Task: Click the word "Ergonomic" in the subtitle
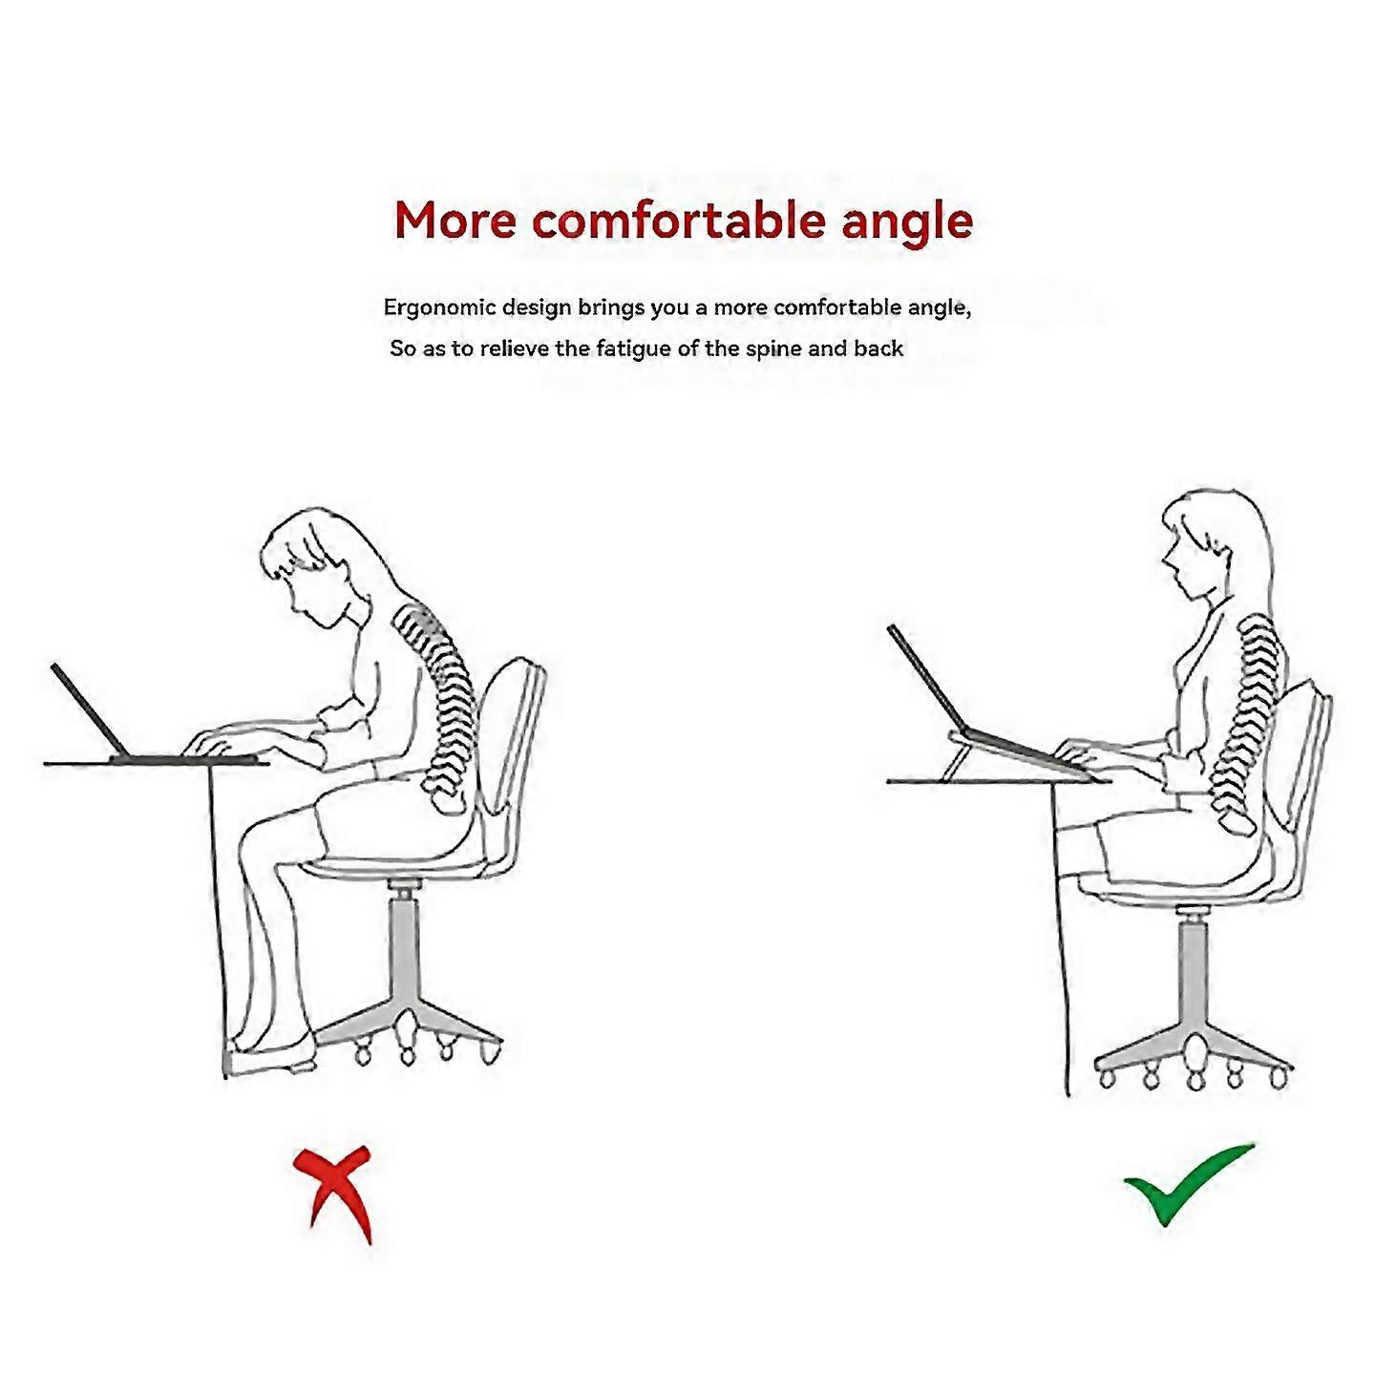click(438, 307)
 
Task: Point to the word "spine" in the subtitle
click(773, 349)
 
